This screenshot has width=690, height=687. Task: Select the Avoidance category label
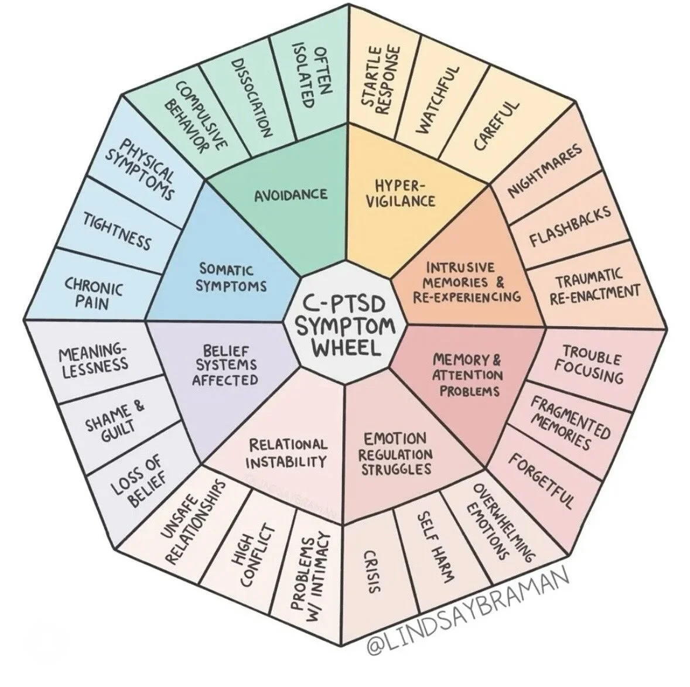tap(291, 194)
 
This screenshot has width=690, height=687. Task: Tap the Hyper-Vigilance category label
tap(405, 193)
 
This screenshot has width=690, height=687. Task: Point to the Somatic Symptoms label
tap(231, 278)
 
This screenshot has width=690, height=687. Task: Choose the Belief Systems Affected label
tap(226, 365)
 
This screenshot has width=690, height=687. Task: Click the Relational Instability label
tap(286, 453)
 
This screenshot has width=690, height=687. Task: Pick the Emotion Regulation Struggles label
tap(395, 453)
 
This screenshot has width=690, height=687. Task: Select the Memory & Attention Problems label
tap(467, 374)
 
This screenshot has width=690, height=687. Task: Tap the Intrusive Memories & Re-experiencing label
tap(467, 282)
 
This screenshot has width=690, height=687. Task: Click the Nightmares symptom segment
tap(545, 170)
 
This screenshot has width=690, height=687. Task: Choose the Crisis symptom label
tap(370, 572)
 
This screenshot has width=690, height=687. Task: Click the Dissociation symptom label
tap(251, 97)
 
